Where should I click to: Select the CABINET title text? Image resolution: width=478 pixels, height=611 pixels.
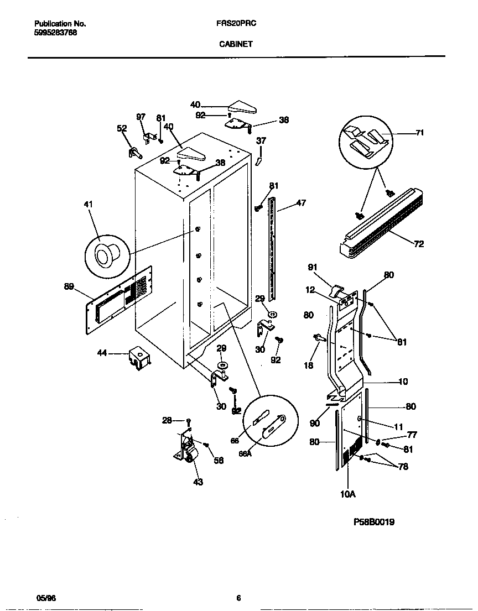point(236,44)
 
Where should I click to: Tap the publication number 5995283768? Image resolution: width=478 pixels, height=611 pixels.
point(55,33)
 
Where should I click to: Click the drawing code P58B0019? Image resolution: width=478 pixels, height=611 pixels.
point(375,522)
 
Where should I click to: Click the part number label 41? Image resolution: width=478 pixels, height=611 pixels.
point(89,205)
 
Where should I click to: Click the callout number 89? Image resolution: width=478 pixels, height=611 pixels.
point(69,286)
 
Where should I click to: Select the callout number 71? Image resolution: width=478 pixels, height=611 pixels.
point(419,133)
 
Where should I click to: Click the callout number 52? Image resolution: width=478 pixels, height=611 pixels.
point(122,128)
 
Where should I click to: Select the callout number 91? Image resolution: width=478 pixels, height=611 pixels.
point(313,268)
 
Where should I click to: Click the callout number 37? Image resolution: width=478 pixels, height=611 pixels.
point(261,140)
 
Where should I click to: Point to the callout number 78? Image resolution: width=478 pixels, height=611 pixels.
point(403,467)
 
